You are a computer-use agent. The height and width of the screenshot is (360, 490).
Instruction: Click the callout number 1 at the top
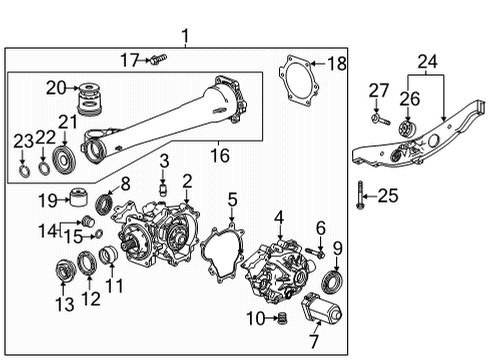(185, 37)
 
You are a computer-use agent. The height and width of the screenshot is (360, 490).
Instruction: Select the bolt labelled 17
(157, 62)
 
